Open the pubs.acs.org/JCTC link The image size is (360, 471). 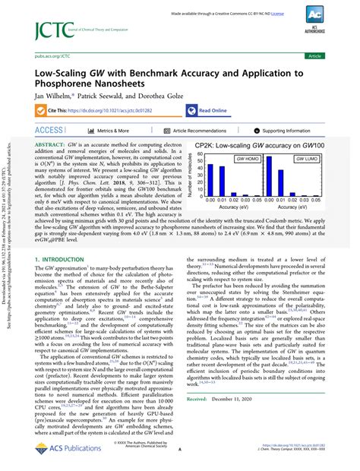click(48, 56)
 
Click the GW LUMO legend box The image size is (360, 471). click(307, 160)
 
